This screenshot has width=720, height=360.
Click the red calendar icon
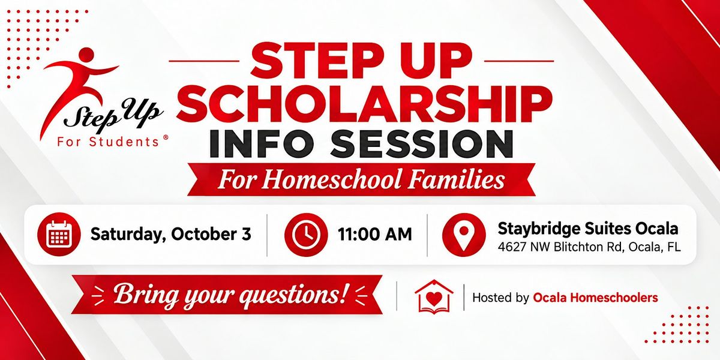click(x=59, y=235)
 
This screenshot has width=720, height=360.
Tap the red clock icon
click(x=306, y=235)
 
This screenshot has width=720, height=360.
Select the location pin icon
click(x=464, y=235)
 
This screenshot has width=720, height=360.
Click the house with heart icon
click(x=434, y=297)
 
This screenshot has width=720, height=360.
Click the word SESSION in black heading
click(x=421, y=143)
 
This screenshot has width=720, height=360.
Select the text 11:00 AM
click(x=375, y=235)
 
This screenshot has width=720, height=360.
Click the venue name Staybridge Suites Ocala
click(x=588, y=229)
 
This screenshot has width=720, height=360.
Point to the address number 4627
click(x=512, y=247)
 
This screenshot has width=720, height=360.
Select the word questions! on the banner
click(x=294, y=295)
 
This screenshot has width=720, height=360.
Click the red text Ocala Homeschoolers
click(x=596, y=298)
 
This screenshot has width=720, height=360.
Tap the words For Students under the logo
click(x=109, y=142)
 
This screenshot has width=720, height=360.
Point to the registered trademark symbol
click(x=166, y=137)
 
